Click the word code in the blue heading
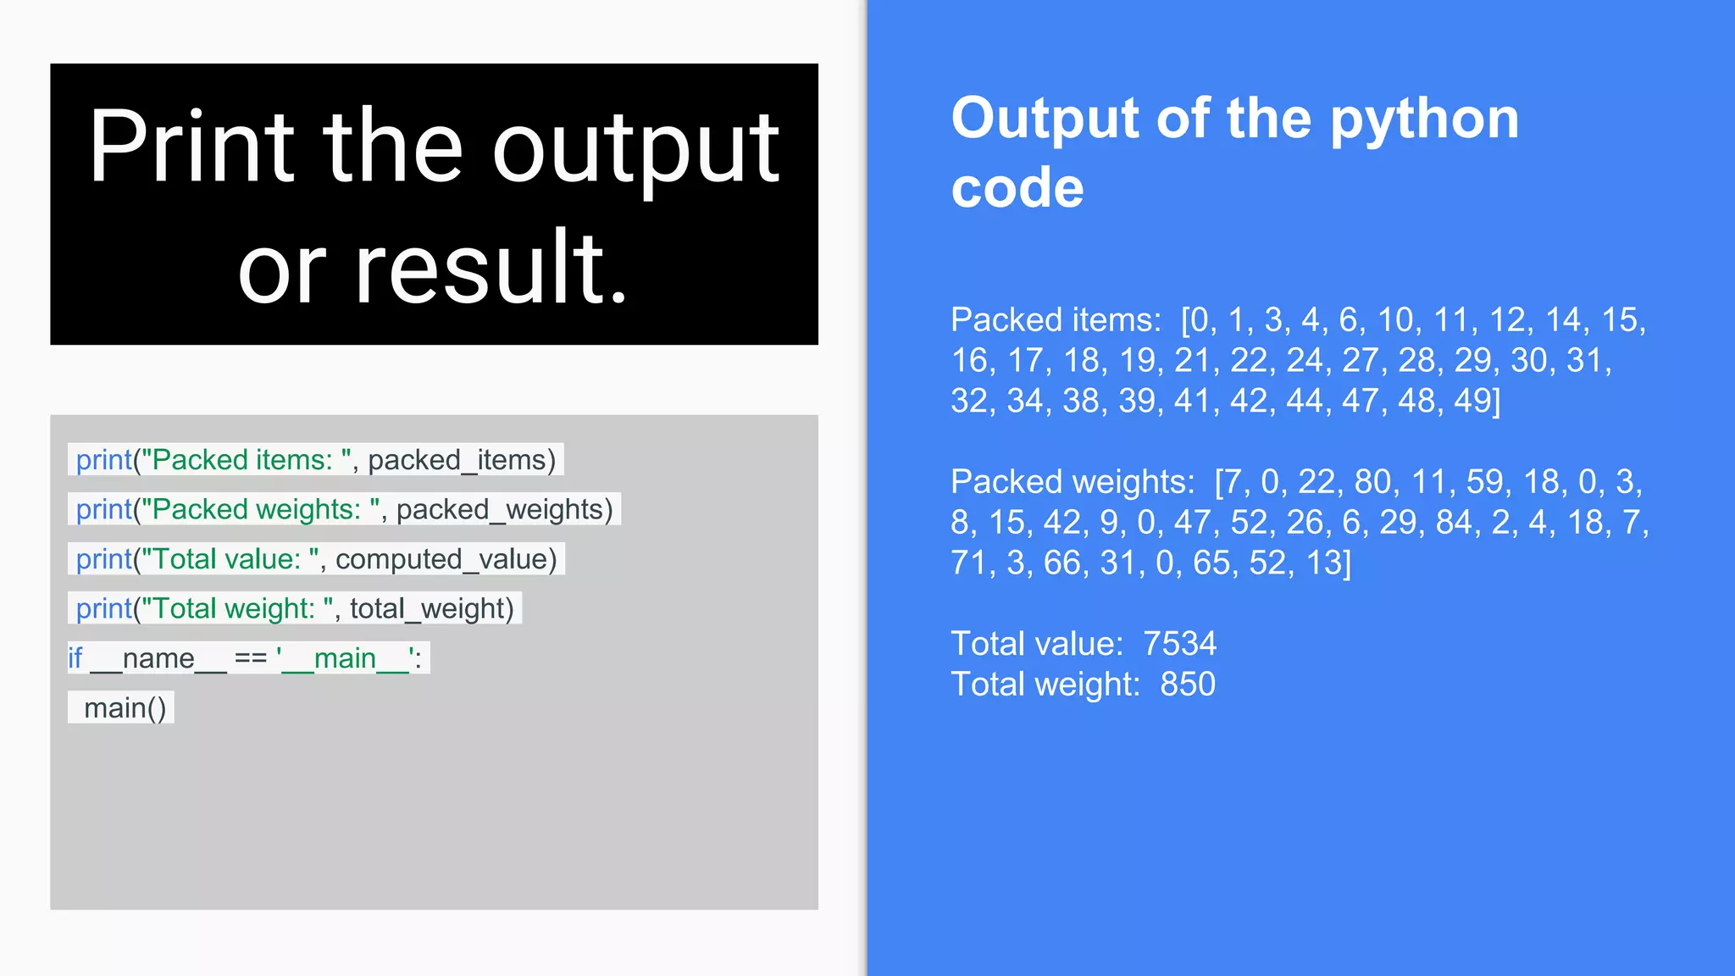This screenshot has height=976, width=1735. coord(1017,187)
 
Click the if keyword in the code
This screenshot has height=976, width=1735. coord(75,658)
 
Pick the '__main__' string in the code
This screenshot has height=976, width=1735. coord(348,658)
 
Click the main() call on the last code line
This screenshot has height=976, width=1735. coord(125,708)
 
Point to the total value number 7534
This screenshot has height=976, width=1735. coord(1179,644)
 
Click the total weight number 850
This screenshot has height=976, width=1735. coord(1188,685)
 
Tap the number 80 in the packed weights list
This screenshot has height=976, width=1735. coord(1372,482)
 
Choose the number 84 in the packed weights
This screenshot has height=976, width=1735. coord(1454,523)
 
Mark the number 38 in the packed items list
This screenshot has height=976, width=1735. coord(1081,401)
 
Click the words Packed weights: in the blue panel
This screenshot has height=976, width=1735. coord(1073,482)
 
